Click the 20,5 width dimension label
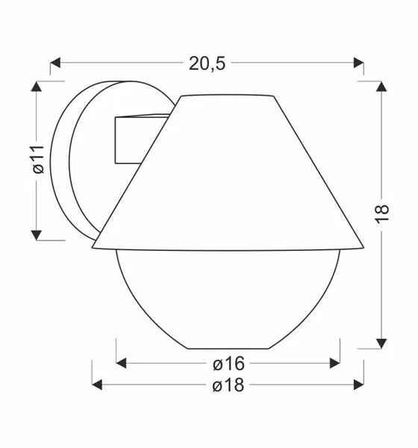coord(208,63)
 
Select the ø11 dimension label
coord(38,160)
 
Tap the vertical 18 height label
coord(381,214)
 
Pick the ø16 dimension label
coord(228,364)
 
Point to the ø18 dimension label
coord(228,385)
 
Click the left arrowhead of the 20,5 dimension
coord(55,63)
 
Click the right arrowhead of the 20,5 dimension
coord(358,63)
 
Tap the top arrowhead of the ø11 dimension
coord(37,87)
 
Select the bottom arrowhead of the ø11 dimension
coord(37,235)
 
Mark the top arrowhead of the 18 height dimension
coord(381,87)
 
